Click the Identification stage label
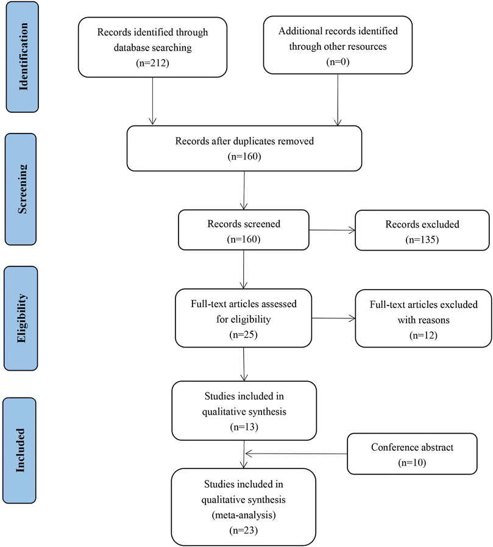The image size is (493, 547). click(23, 57)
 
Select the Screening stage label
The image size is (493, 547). click(21, 189)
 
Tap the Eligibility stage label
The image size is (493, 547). click(21, 318)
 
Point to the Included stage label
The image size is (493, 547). click(20, 451)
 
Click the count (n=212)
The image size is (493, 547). click(152, 63)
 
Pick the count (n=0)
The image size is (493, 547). click(338, 62)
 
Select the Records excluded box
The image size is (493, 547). click(422, 231)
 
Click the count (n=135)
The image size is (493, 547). click(422, 240)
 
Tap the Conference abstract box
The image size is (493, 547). click(412, 454)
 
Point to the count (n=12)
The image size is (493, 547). click(424, 335)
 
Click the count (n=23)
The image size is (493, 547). click(243, 531)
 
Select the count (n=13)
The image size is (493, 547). click(244, 427)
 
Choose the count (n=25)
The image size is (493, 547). click(243, 335)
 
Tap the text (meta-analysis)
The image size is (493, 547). click(244, 515)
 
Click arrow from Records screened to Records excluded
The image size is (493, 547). click(332, 231)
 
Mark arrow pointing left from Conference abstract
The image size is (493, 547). click(296, 454)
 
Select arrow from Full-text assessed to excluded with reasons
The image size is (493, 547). click(333, 318)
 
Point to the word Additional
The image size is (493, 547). click(299, 31)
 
